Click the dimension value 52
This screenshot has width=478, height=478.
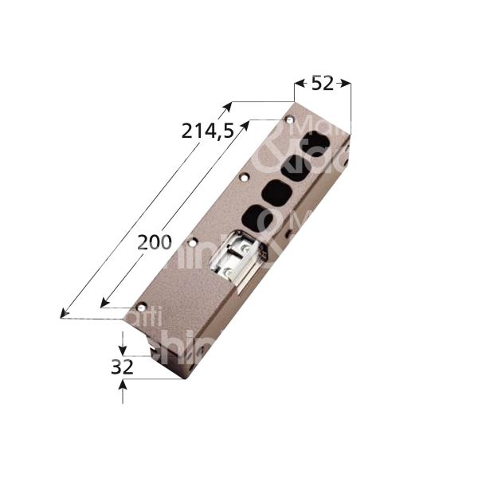point(323,83)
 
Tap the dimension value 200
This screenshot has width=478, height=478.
point(154,242)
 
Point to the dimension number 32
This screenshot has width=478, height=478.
point(122,367)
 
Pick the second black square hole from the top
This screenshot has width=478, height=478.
point(296,168)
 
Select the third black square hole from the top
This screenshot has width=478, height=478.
point(276,192)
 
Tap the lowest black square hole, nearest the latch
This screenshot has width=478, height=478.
point(254,217)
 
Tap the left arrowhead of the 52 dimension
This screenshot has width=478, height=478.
point(297,82)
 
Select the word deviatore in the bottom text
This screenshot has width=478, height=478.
point(239,462)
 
